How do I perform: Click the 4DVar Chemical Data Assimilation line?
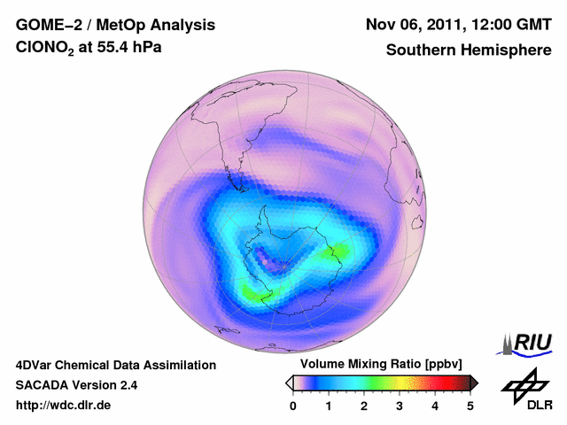click(115, 365)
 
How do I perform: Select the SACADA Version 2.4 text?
click(76, 385)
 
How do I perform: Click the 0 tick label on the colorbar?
click(293, 406)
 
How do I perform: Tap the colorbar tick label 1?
click(329, 406)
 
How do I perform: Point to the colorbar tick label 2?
click(364, 406)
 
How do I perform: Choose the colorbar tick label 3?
click(400, 406)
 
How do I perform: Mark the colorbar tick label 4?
click(435, 406)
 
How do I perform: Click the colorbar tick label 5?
click(470, 406)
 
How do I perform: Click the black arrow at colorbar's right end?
click(475, 382)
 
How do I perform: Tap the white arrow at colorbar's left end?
click(289, 382)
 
